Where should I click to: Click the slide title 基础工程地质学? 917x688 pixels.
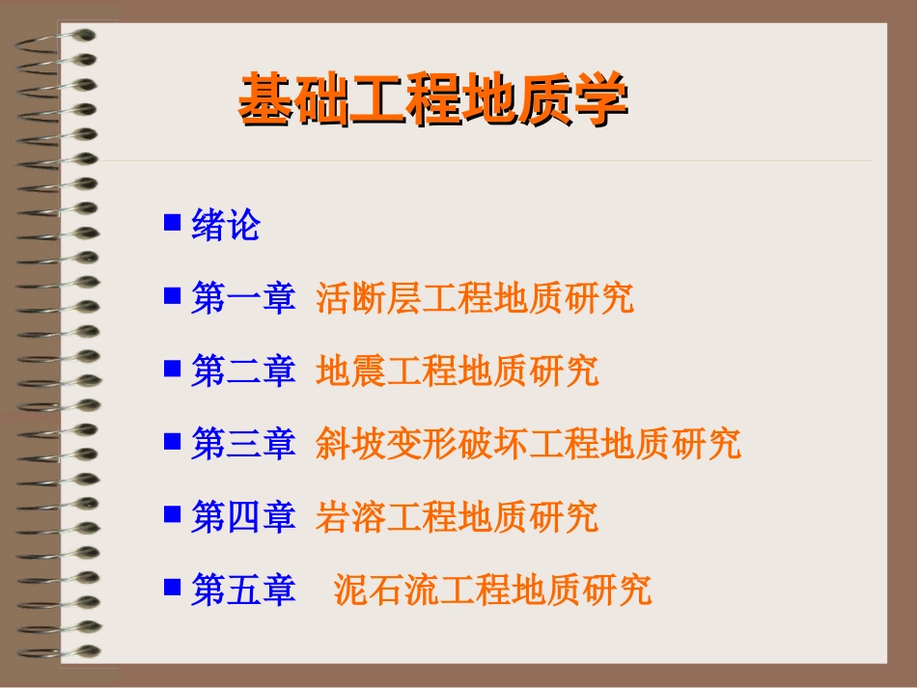(432, 99)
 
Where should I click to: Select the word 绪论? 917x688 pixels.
(226, 226)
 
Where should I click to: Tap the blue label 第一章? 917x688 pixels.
(242, 298)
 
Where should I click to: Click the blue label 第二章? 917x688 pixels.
(242, 371)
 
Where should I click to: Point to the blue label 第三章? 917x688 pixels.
(242, 443)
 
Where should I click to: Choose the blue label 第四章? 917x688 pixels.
(242, 516)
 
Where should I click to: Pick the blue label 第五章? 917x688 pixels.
(242, 589)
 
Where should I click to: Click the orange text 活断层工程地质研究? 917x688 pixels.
(475, 298)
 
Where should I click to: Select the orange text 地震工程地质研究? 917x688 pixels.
(457, 371)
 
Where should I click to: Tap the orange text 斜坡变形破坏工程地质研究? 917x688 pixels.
(528, 443)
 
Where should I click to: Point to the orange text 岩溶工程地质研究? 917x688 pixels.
(457, 516)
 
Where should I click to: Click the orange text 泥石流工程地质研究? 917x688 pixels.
(492, 589)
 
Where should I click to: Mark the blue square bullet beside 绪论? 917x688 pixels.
(173, 223)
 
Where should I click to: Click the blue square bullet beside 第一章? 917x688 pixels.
(173, 295)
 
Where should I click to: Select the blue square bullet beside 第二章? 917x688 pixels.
(173, 368)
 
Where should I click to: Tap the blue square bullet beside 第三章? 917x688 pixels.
(173, 440)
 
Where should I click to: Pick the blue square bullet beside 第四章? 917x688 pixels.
(173, 512)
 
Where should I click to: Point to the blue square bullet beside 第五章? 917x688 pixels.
(173, 585)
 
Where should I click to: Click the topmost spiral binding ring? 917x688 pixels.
(58, 39)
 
